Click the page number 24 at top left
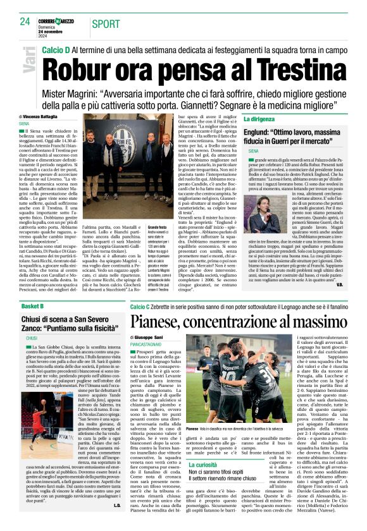click(25, 21)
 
